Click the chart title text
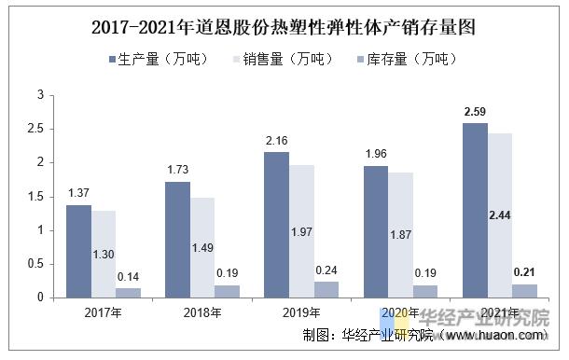click(284, 26)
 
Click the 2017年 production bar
click(79, 251)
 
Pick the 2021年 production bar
click(475, 210)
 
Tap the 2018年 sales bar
click(201, 247)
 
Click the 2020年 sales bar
click(400, 234)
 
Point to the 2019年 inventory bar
click(325, 289)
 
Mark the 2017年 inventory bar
click(129, 293)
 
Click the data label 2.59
click(475, 113)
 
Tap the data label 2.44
click(500, 215)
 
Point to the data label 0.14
click(129, 278)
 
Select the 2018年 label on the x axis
click(201, 313)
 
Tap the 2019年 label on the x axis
click(300, 313)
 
